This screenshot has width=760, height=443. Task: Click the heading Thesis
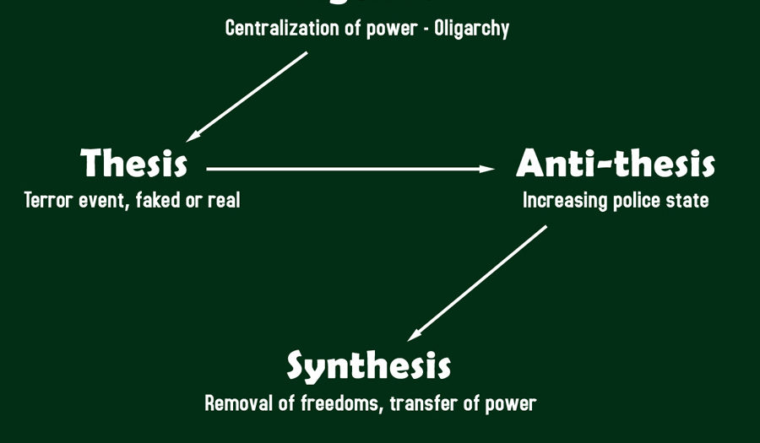pos(134,164)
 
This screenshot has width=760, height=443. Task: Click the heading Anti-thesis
pos(616,164)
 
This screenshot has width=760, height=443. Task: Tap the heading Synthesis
pos(369,366)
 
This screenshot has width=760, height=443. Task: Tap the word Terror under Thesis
pos(45,201)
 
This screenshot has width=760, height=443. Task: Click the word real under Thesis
pos(224,201)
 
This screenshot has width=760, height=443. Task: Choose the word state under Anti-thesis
pos(689,201)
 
